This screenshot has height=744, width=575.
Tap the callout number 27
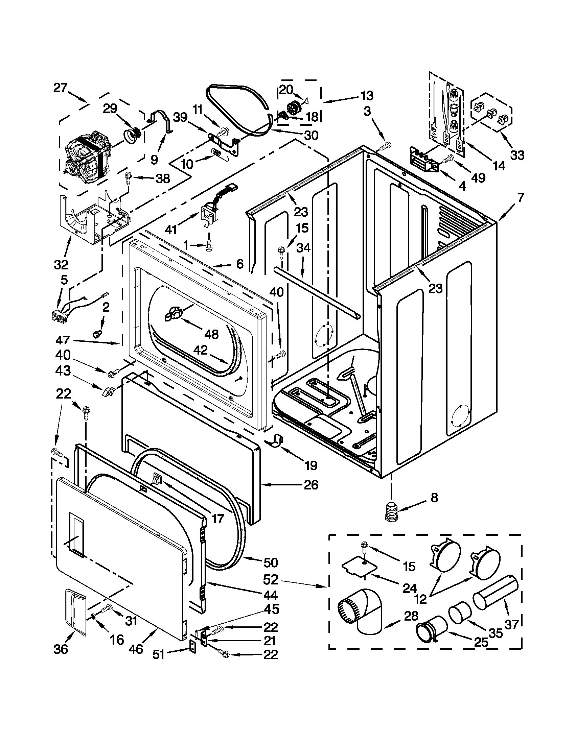61,88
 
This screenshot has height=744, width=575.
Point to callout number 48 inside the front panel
212,334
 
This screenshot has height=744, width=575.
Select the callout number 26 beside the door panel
310,484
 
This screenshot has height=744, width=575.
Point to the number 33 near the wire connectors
517,155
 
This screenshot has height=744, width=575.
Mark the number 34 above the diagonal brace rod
303,248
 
